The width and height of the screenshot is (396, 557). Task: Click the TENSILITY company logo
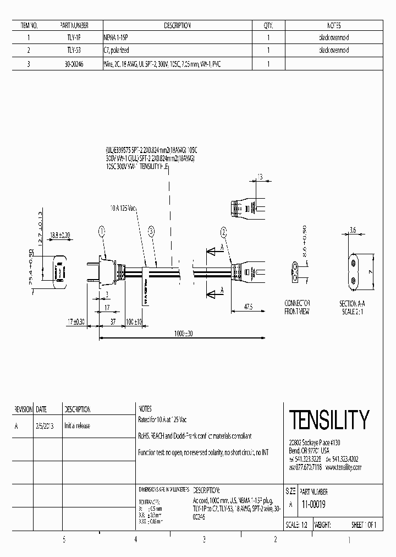coord(329,420)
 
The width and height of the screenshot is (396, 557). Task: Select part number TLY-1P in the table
coord(74,38)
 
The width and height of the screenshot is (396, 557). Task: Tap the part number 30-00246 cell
coord(74,64)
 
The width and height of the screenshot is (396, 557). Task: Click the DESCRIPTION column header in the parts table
coord(177,26)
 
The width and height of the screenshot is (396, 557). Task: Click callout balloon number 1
coord(102,232)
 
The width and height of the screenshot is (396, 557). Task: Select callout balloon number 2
coord(223,231)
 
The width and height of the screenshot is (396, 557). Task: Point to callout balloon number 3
coord(151,232)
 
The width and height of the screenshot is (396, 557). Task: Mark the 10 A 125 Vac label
coord(123,209)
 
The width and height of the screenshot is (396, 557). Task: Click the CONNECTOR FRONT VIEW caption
coord(297,307)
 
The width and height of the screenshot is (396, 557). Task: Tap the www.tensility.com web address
coord(343,467)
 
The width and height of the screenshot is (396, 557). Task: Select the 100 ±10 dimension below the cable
coord(133,321)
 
